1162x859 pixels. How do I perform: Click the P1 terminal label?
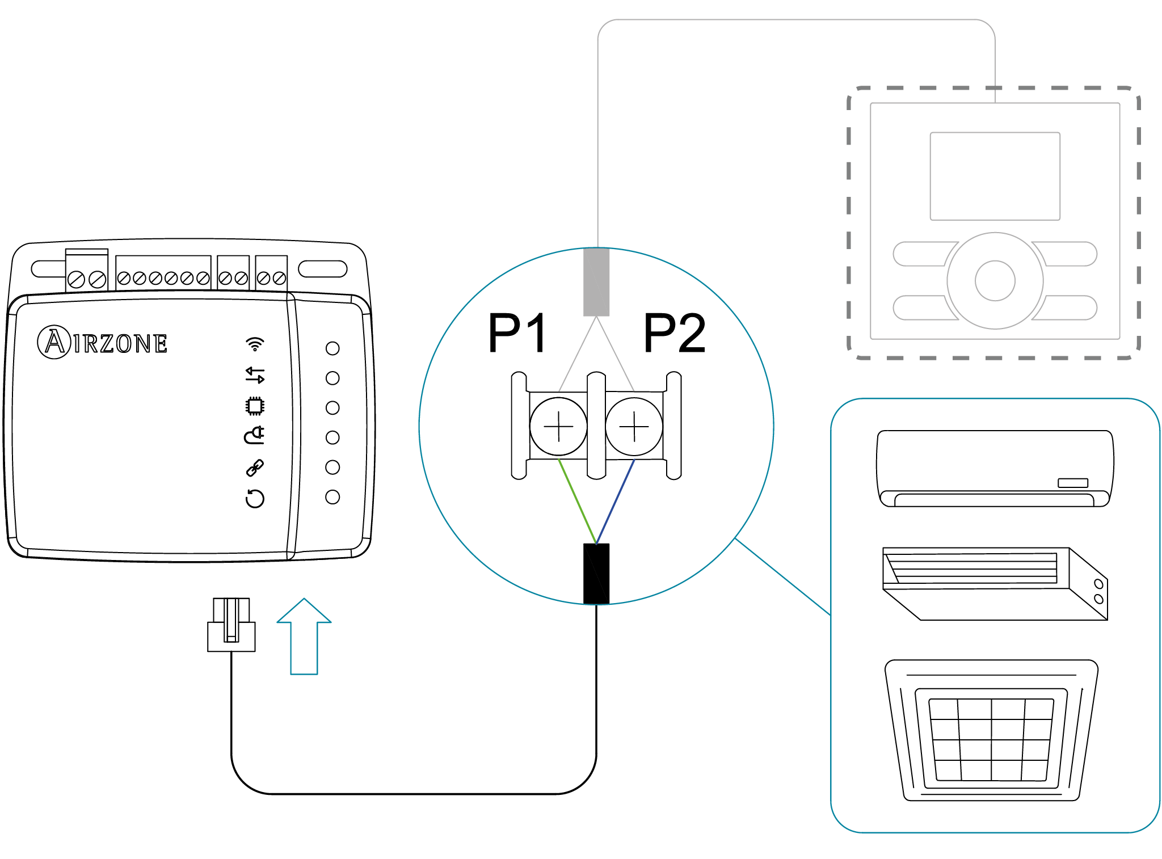pyautogui.click(x=517, y=333)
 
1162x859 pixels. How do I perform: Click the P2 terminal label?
pyautogui.click(x=675, y=333)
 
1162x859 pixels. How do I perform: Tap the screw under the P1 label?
pyautogui.click(x=558, y=426)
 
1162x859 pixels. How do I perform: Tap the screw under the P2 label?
pyautogui.click(x=634, y=426)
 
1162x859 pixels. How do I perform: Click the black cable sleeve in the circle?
pyautogui.click(x=596, y=573)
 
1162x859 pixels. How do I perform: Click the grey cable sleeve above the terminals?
pyautogui.click(x=596, y=281)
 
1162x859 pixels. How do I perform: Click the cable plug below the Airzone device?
pyautogui.click(x=231, y=625)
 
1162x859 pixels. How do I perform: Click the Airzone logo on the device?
pyautogui.click(x=103, y=342)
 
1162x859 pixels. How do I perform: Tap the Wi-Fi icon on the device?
pyautogui.click(x=255, y=344)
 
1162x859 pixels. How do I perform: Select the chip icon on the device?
pyautogui.click(x=255, y=406)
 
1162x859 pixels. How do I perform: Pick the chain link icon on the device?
pyautogui.click(x=255, y=468)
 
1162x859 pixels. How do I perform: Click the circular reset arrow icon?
pyautogui.click(x=255, y=498)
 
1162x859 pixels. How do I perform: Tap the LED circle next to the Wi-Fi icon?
pyautogui.click(x=332, y=348)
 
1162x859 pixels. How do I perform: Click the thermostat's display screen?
pyautogui.click(x=995, y=176)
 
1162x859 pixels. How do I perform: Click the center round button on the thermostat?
pyautogui.click(x=995, y=280)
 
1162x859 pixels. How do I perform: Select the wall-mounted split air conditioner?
pyautogui.click(x=994, y=468)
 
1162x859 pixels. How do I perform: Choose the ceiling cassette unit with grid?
pyautogui.click(x=991, y=731)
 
